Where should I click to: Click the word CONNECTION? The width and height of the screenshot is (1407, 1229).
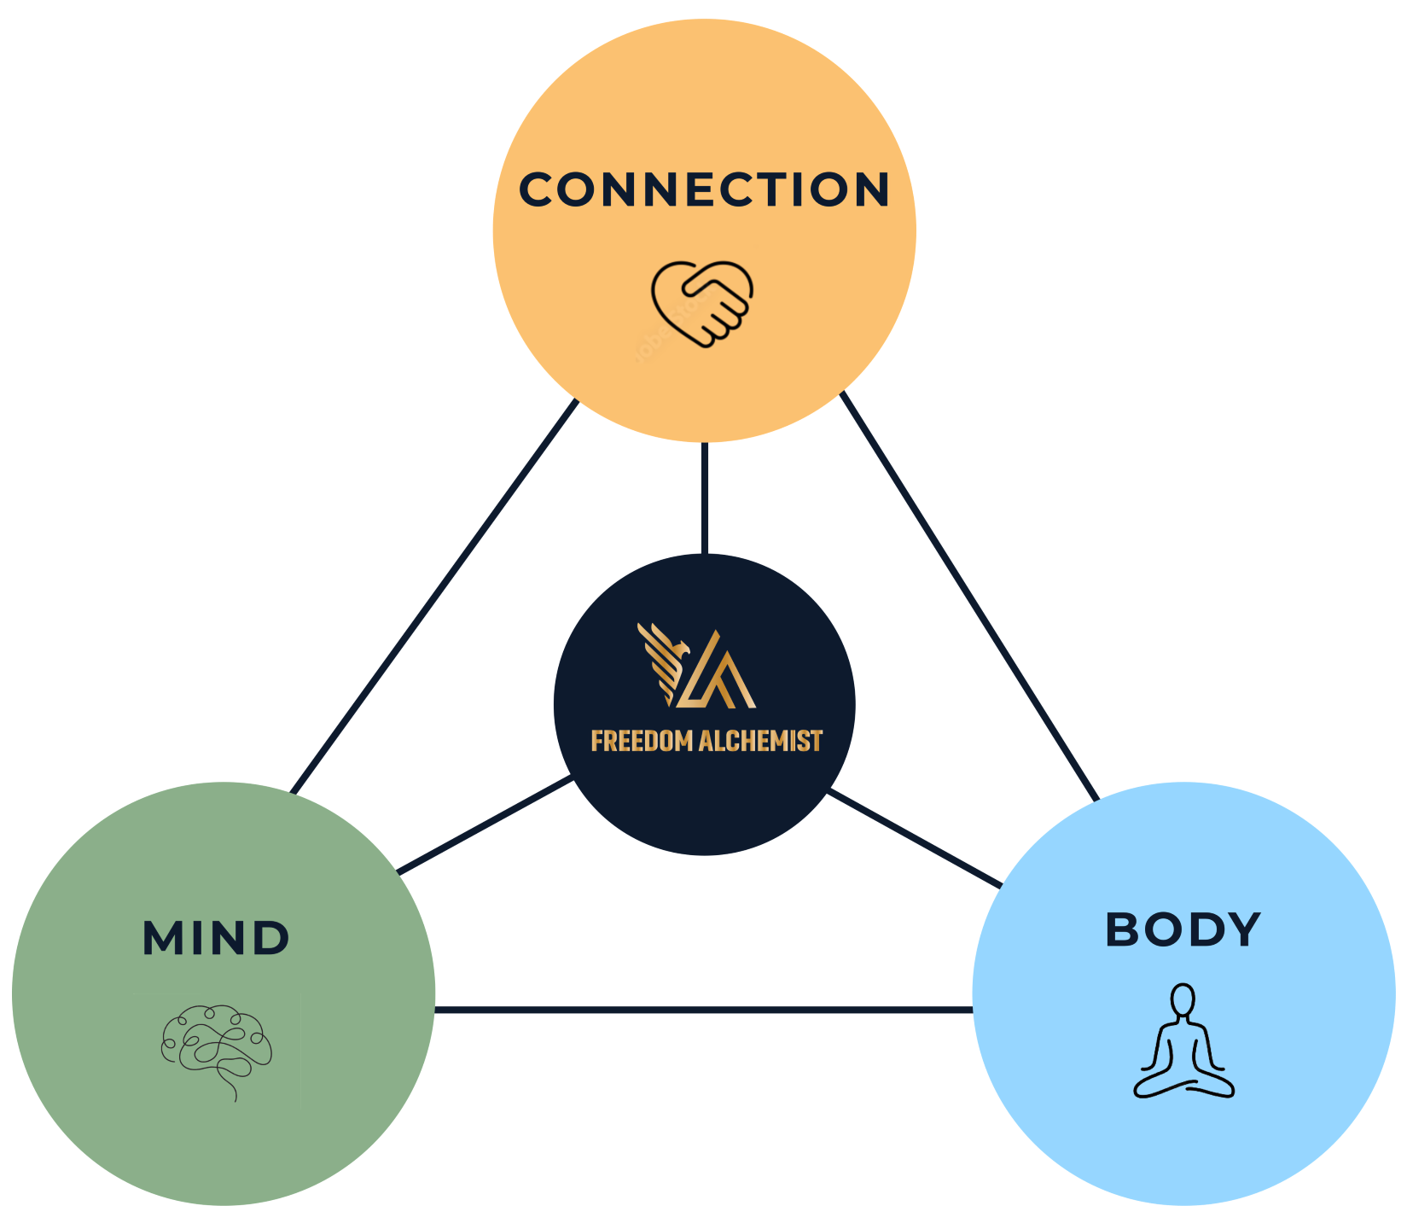705,189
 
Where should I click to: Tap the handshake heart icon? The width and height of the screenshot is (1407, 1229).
701,304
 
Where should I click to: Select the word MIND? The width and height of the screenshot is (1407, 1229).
216,938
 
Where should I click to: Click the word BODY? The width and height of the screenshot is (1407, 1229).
1183,929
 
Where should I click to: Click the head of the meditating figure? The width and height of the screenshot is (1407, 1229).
1183,999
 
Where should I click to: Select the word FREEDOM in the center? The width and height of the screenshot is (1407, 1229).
642,741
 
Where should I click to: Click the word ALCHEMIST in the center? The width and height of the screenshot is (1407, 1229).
760,741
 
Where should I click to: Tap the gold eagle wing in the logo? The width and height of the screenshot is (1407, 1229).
662,661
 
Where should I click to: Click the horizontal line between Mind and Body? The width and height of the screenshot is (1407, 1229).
704,1011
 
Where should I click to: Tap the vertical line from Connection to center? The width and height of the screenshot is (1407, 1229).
705,498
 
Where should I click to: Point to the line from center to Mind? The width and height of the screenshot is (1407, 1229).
485,824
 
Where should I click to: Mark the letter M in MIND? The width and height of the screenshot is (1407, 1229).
161,938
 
